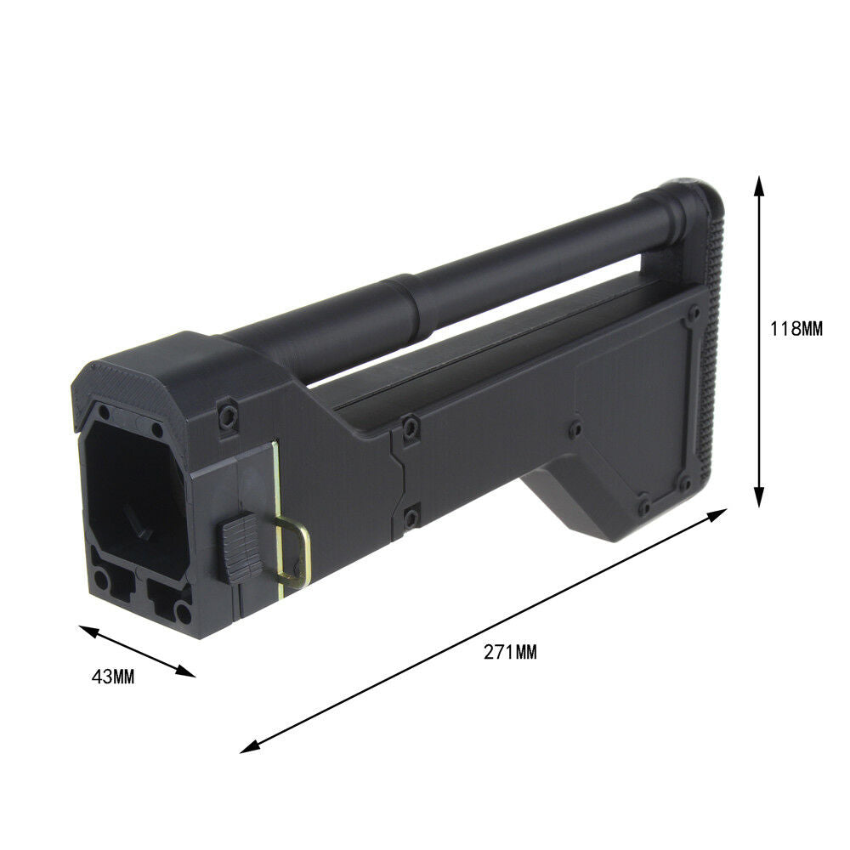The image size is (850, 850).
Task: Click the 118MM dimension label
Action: point(796,328)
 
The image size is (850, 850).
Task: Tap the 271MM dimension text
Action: point(510,652)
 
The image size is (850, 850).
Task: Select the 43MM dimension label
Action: point(113,677)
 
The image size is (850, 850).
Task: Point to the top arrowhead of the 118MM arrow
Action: point(759,186)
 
